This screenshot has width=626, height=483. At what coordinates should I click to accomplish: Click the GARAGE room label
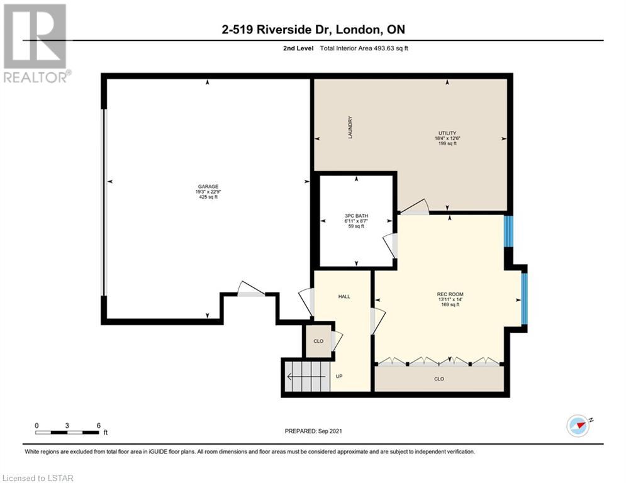coord(208,186)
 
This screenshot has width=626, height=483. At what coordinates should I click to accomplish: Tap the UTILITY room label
coord(447,133)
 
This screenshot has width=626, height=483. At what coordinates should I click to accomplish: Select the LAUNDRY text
coord(350,127)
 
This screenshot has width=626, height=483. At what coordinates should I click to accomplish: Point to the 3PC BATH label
coord(356,216)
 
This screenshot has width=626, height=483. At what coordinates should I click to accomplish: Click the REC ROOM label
coord(450,294)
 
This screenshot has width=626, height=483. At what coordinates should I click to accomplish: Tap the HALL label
coord(344,297)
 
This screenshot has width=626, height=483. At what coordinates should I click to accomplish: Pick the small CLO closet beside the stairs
coord(318,341)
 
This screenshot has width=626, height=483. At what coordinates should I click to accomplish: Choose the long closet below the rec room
coord(439,379)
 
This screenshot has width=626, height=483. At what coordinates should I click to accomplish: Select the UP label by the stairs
coord(339,377)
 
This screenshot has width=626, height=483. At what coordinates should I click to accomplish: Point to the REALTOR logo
coord(36,43)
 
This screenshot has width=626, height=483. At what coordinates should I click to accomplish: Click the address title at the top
coord(313,30)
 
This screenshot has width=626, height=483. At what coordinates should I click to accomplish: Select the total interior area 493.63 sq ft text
coord(364,48)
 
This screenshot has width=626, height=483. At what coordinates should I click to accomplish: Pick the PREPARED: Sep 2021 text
coord(313,431)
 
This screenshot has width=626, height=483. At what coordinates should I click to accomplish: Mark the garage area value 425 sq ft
coord(208,197)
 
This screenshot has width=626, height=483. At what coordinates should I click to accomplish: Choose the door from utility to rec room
coord(415,208)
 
